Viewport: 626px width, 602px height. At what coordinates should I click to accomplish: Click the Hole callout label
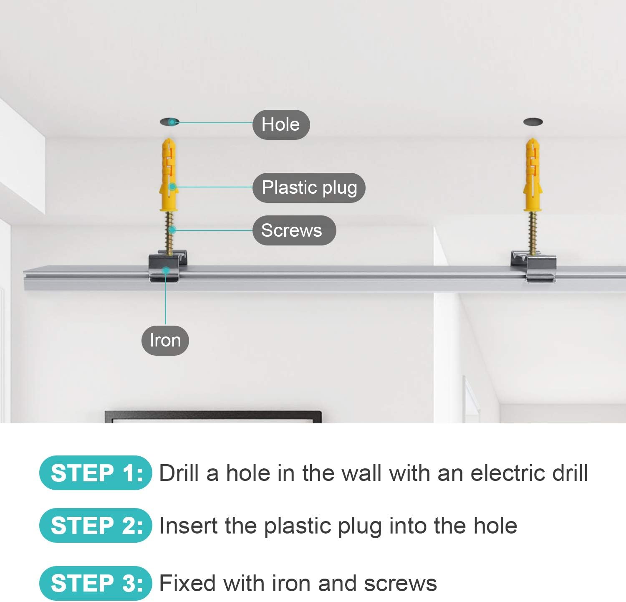281,124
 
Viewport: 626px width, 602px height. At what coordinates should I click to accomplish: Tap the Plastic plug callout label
309,187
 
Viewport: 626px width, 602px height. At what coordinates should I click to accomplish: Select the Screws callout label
294,230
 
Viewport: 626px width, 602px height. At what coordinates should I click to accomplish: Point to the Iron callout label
165,340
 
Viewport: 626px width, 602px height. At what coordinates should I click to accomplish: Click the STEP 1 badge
96,473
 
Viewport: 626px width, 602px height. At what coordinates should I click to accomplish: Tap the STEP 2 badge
96,525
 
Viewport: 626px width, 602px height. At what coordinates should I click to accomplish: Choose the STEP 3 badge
96,583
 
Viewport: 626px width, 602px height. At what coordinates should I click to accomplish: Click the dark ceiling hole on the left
169,122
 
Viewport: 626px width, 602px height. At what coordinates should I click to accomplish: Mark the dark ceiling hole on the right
533,122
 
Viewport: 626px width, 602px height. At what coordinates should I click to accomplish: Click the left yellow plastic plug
169,175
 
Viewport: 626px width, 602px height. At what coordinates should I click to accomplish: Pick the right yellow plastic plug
533,175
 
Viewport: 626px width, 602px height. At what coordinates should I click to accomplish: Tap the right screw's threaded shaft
533,233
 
